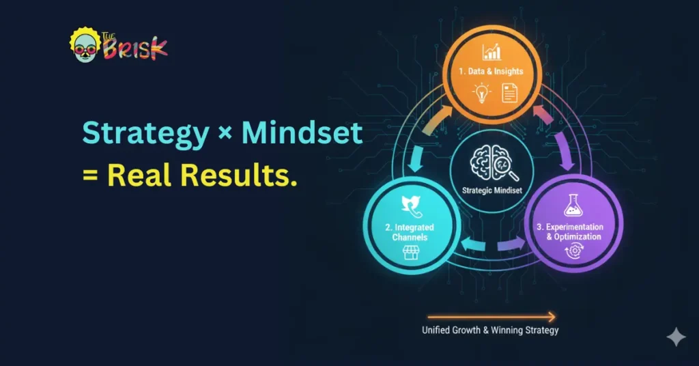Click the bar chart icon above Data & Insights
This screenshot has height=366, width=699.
pos(491,52)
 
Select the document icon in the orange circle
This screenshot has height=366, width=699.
pos(509,93)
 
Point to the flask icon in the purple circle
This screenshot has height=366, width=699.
pos(573,204)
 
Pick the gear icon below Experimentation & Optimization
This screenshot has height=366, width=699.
pos(572,251)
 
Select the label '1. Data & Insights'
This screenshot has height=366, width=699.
pos(491,72)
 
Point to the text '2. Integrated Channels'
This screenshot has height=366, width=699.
pos(410,232)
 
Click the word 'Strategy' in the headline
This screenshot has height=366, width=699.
pos(145,133)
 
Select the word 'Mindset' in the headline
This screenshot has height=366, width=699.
pos(305,133)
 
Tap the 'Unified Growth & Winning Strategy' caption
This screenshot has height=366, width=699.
pos(490,330)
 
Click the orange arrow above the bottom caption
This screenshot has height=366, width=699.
pos(491,316)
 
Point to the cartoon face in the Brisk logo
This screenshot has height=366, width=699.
pos(84,46)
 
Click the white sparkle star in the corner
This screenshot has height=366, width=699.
pos(676,337)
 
